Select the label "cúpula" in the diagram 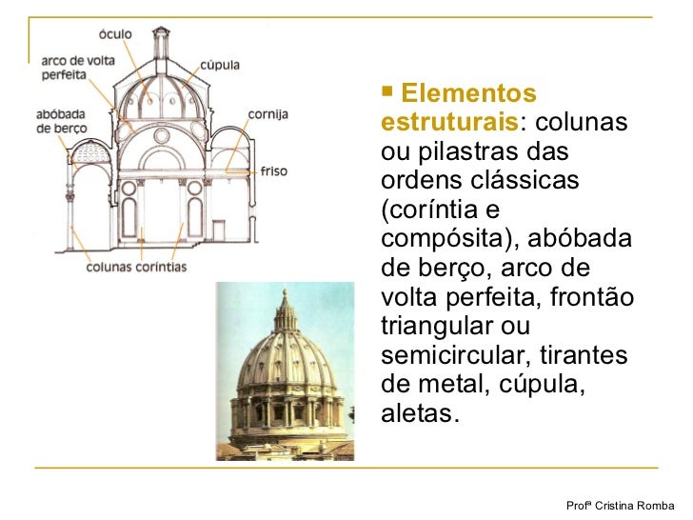[220, 66]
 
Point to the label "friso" [273, 172]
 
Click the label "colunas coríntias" [137, 268]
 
